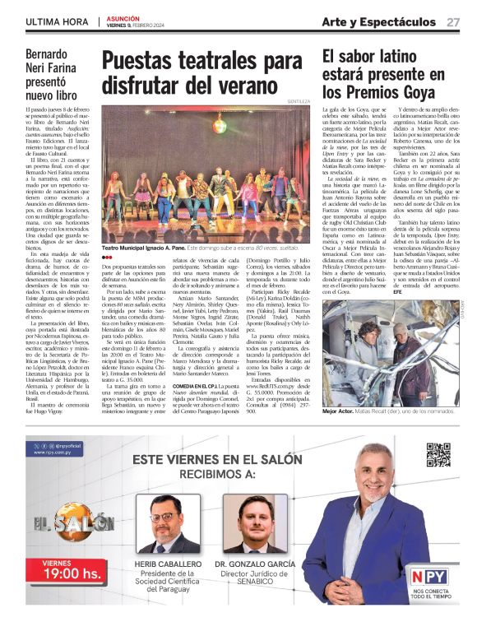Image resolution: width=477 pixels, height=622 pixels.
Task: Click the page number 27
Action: click(x=453, y=21)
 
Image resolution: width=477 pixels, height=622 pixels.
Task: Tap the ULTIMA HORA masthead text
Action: click(x=57, y=21)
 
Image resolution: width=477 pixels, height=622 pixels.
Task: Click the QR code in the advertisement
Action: click(x=438, y=454)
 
